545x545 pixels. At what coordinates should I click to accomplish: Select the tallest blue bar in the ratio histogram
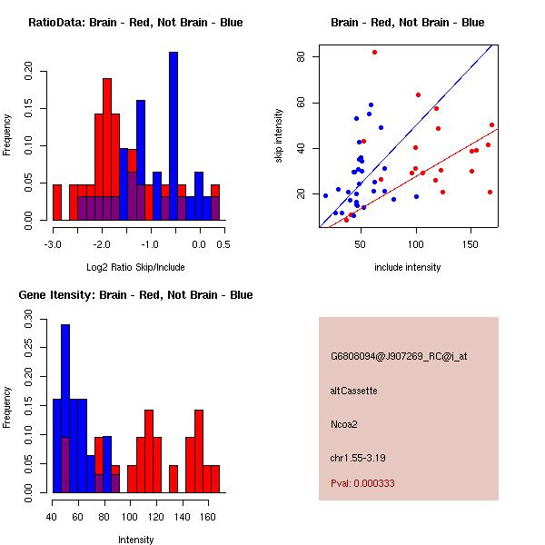coord(173,136)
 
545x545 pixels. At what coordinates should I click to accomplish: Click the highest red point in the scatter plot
coord(374,52)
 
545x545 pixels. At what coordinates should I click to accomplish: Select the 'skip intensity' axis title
coord(280,136)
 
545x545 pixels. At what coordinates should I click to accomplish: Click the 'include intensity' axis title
coord(407,268)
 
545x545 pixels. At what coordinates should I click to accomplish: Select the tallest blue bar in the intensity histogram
coord(65,409)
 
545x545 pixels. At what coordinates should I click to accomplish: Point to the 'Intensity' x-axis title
coord(135,540)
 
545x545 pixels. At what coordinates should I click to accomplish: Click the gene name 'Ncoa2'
coord(344,423)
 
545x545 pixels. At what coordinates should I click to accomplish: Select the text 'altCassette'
coord(353,391)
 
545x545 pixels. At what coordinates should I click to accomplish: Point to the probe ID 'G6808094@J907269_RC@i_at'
coord(399,357)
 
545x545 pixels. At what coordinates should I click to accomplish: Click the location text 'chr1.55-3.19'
coord(361,457)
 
